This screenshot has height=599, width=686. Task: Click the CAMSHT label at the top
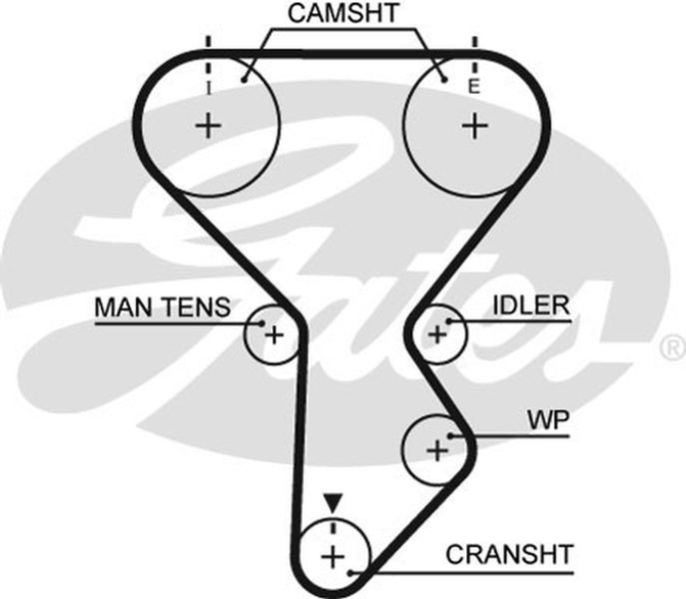(x=343, y=13)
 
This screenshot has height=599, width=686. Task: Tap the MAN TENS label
(x=163, y=307)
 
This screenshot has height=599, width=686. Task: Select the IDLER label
(x=531, y=304)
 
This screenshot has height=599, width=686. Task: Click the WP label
(x=548, y=420)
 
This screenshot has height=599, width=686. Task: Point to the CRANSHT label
(x=509, y=554)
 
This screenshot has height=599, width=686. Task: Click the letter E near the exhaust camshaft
(x=474, y=86)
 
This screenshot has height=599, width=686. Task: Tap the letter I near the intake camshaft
(x=209, y=89)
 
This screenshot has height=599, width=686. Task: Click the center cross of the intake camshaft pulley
(x=209, y=126)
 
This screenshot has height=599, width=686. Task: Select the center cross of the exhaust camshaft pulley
(x=474, y=126)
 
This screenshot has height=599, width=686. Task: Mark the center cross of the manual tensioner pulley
(x=275, y=335)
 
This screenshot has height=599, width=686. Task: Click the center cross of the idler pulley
(x=437, y=334)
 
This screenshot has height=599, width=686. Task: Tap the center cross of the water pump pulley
(x=437, y=450)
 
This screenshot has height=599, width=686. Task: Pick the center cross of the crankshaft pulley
(x=333, y=557)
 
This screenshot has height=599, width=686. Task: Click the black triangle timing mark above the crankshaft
(x=333, y=503)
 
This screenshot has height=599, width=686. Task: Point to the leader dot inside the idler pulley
(x=448, y=321)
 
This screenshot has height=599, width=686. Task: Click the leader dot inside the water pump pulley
(x=449, y=436)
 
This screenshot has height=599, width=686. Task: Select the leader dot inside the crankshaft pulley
(x=350, y=572)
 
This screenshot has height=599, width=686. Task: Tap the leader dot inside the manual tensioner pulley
(x=262, y=323)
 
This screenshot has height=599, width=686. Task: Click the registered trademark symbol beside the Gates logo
(x=674, y=347)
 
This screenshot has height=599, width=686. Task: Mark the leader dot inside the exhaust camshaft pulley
(x=444, y=80)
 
